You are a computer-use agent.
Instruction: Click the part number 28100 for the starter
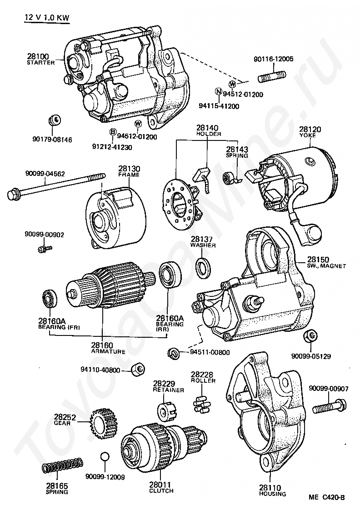(38, 56)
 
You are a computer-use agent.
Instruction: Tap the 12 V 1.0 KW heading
(47, 18)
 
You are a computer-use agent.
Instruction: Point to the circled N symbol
(218, 91)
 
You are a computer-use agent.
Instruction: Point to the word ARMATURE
(108, 351)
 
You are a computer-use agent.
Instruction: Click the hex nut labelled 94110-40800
(138, 369)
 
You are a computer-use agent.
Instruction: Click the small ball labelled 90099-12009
(105, 456)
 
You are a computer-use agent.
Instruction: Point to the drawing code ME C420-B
(326, 497)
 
